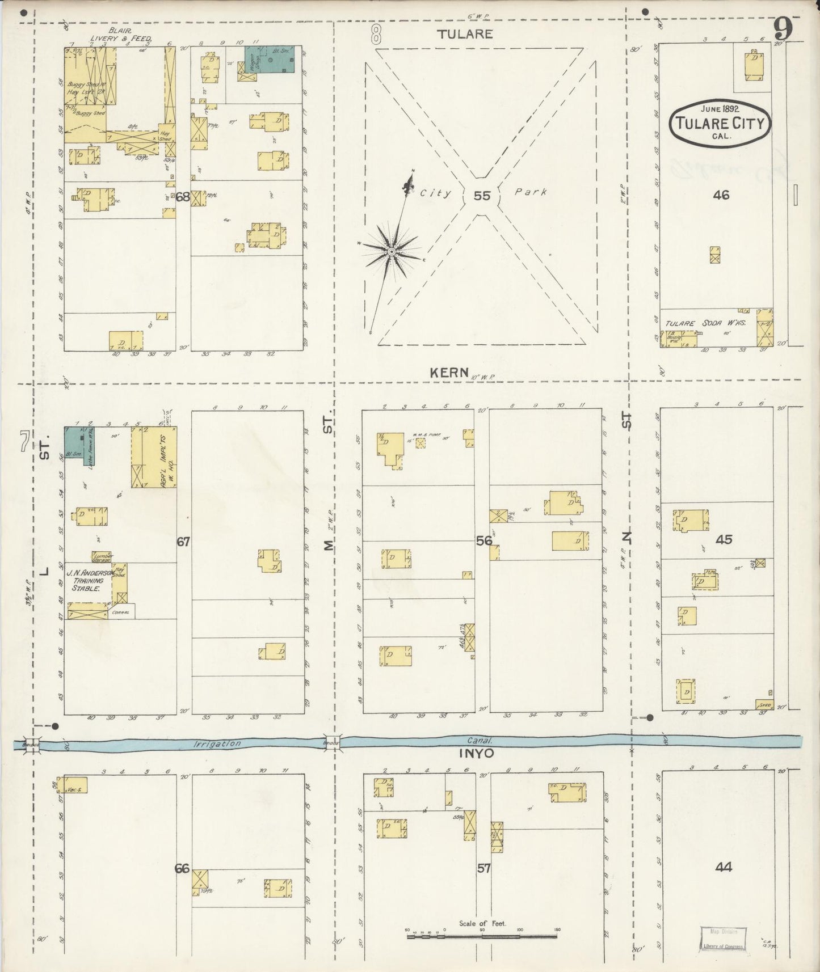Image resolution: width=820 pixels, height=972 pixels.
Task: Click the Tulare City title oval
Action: pos(720,121)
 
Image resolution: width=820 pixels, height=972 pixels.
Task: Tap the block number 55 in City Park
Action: pos(482,196)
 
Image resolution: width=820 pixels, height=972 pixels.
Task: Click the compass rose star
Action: pos(391,251)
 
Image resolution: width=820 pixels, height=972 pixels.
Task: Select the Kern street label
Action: pos(449,373)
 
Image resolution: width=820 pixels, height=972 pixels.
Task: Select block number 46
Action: pos(721,195)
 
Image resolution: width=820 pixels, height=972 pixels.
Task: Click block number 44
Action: pos(723,867)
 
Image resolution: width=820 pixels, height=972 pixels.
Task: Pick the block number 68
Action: pos(182,197)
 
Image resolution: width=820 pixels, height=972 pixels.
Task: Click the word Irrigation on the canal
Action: pos(217,743)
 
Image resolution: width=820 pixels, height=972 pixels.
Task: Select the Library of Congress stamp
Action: pos(722,939)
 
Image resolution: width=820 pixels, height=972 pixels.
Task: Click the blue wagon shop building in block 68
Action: pos(270,60)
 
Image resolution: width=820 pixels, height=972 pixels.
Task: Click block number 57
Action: pos(483,868)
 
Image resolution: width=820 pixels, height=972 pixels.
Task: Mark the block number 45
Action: pos(724,539)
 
